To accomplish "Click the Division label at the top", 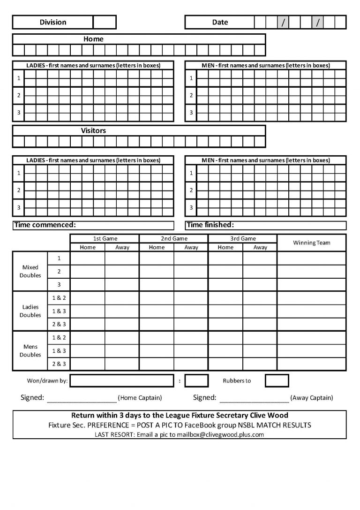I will coord(53,22).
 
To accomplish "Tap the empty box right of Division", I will coord(104,22).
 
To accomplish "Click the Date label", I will coord(220,22).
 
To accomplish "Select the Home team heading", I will coord(93,39).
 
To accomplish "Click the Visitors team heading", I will coord(93,131).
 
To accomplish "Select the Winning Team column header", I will coord(311,243).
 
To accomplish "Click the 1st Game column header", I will coord(105,238).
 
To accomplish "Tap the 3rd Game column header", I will coord(243,238).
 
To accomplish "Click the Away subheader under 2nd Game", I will coord(191,247).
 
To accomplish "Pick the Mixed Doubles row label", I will coord(30,271).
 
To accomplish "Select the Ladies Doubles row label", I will coord(30,311).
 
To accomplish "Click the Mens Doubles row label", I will coord(30,351).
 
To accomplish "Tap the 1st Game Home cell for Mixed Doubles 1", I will coord(88,258).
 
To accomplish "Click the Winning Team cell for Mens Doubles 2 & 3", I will coord(311,364).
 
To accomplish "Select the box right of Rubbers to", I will coord(277,381).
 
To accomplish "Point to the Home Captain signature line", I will coord(82,399).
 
